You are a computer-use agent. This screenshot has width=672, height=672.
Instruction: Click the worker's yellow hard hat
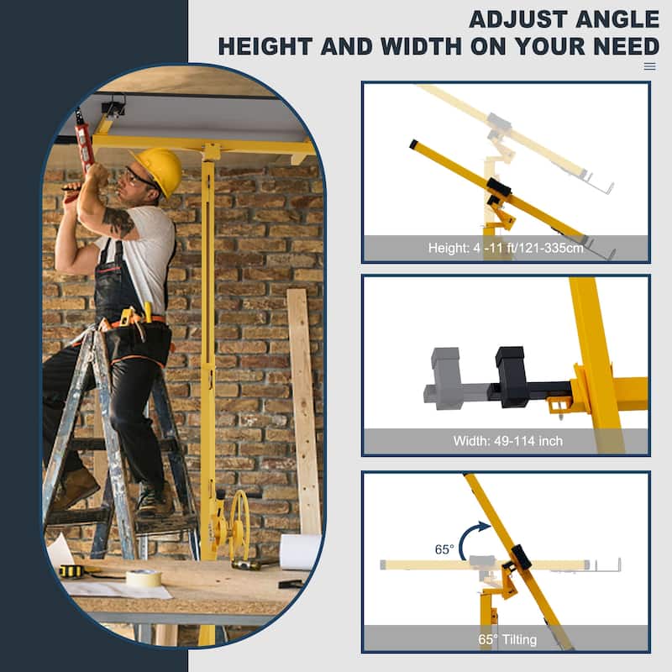159,167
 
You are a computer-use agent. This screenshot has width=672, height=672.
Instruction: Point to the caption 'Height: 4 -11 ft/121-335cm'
506,249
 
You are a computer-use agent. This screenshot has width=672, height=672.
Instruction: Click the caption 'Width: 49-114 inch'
506,441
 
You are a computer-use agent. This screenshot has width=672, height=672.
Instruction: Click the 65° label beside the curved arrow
444,549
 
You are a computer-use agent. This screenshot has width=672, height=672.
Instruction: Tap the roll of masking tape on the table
144,578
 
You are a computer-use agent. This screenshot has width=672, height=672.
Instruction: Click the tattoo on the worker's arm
118,223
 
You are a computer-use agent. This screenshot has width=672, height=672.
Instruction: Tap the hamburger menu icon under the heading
649,66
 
